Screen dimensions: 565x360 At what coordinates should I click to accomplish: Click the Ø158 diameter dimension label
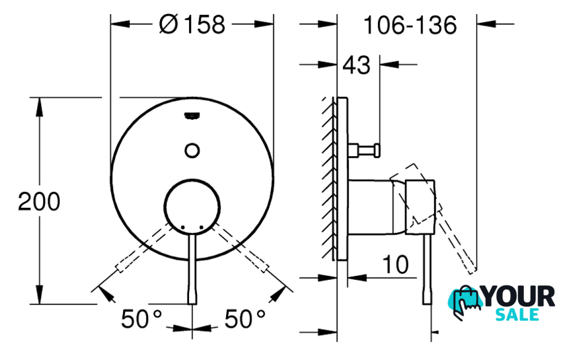tap(192, 25)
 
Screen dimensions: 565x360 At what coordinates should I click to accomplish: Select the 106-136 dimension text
tap(410, 25)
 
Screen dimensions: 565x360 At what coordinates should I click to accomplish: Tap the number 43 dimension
tap(356, 65)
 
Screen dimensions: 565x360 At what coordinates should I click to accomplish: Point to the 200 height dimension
tap(39, 201)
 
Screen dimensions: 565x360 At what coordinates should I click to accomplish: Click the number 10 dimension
tap(396, 264)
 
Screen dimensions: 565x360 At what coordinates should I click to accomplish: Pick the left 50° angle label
tap(141, 319)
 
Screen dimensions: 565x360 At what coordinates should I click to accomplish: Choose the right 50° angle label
tap(245, 319)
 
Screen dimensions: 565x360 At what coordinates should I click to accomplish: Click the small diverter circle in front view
tap(192, 150)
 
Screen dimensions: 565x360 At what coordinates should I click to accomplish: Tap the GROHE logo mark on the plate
tap(192, 116)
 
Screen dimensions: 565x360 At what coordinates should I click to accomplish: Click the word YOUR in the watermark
tap(519, 297)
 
